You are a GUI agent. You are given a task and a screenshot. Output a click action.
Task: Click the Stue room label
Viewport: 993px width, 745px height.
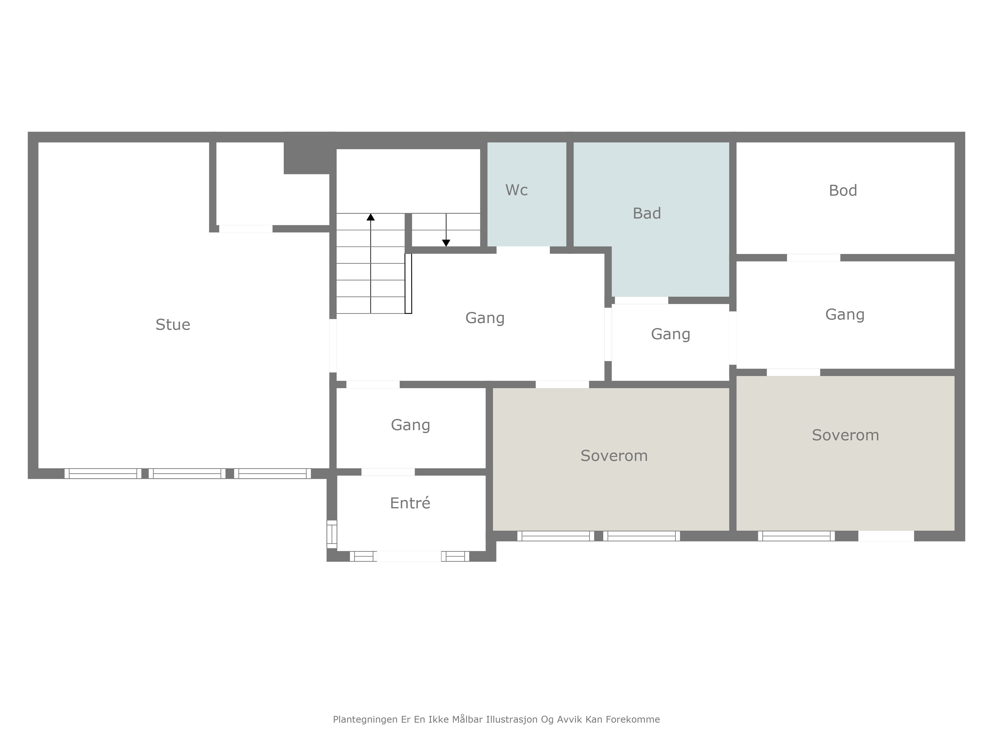point(173,325)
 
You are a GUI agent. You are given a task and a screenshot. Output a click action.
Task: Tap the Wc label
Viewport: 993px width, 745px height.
point(516,190)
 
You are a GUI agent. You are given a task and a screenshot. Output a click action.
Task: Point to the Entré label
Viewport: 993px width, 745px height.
point(410,503)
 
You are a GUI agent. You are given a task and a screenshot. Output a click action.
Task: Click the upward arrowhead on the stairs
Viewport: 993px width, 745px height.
point(370,217)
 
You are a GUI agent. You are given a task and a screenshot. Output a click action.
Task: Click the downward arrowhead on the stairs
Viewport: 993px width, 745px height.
point(446,243)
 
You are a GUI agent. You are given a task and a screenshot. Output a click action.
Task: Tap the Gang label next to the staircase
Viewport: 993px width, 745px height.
point(485,318)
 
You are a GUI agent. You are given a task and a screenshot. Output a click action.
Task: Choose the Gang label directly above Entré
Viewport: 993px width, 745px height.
point(410,425)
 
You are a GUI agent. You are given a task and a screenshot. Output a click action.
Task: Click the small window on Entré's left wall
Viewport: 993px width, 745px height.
point(332,534)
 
